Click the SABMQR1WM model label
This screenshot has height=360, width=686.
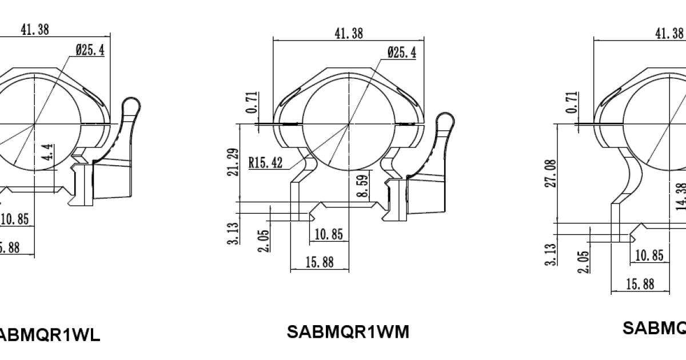(x=348, y=332)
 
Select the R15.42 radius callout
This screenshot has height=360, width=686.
(x=265, y=163)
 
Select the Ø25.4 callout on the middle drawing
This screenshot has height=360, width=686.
(x=401, y=53)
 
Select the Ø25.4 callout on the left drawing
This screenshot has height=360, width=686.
(x=89, y=50)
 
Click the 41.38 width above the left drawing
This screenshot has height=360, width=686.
(x=35, y=30)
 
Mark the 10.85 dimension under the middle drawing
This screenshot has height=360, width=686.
(x=329, y=234)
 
